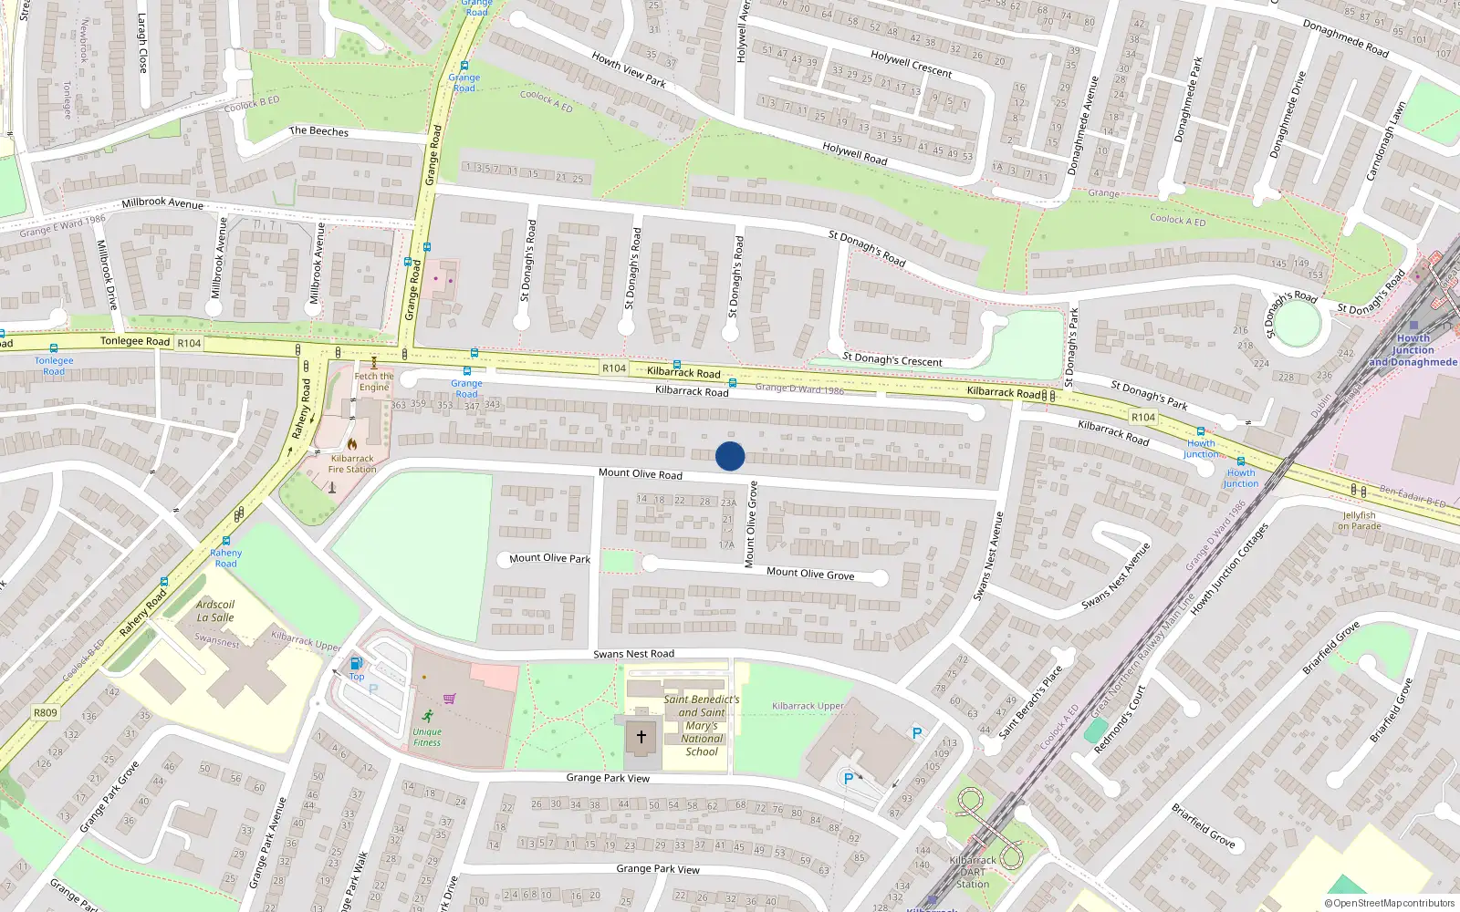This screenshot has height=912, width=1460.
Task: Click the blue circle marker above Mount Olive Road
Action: [x=730, y=456]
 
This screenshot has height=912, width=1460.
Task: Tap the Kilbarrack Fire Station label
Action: [x=352, y=464]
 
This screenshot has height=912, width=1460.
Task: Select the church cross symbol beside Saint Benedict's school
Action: [x=641, y=737]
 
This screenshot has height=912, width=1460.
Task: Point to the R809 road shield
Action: [x=45, y=713]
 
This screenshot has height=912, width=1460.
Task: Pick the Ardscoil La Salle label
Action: [x=215, y=611]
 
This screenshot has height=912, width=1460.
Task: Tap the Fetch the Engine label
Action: [x=374, y=381]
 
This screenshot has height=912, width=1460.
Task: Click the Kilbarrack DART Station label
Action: [x=973, y=872]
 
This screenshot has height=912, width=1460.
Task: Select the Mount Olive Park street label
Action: [x=549, y=558]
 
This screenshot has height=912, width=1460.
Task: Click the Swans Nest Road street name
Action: [x=633, y=654]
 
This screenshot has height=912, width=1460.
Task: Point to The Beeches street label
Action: [x=318, y=131]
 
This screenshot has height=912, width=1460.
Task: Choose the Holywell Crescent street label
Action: [x=911, y=64]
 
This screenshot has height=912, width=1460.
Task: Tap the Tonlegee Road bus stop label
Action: [x=54, y=366]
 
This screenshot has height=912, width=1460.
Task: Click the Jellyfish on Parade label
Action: [x=1360, y=521]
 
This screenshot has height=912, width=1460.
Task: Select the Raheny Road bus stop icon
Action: [x=226, y=541]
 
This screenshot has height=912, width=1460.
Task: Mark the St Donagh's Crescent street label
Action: [x=892, y=359]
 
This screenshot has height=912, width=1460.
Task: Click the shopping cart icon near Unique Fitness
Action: [x=449, y=700]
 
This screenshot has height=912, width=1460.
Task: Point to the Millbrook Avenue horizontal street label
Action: [x=162, y=202]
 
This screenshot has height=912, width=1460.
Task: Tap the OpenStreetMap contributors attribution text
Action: [x=1390, y=903]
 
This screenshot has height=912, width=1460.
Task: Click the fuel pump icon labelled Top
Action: [x=356, y=663]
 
